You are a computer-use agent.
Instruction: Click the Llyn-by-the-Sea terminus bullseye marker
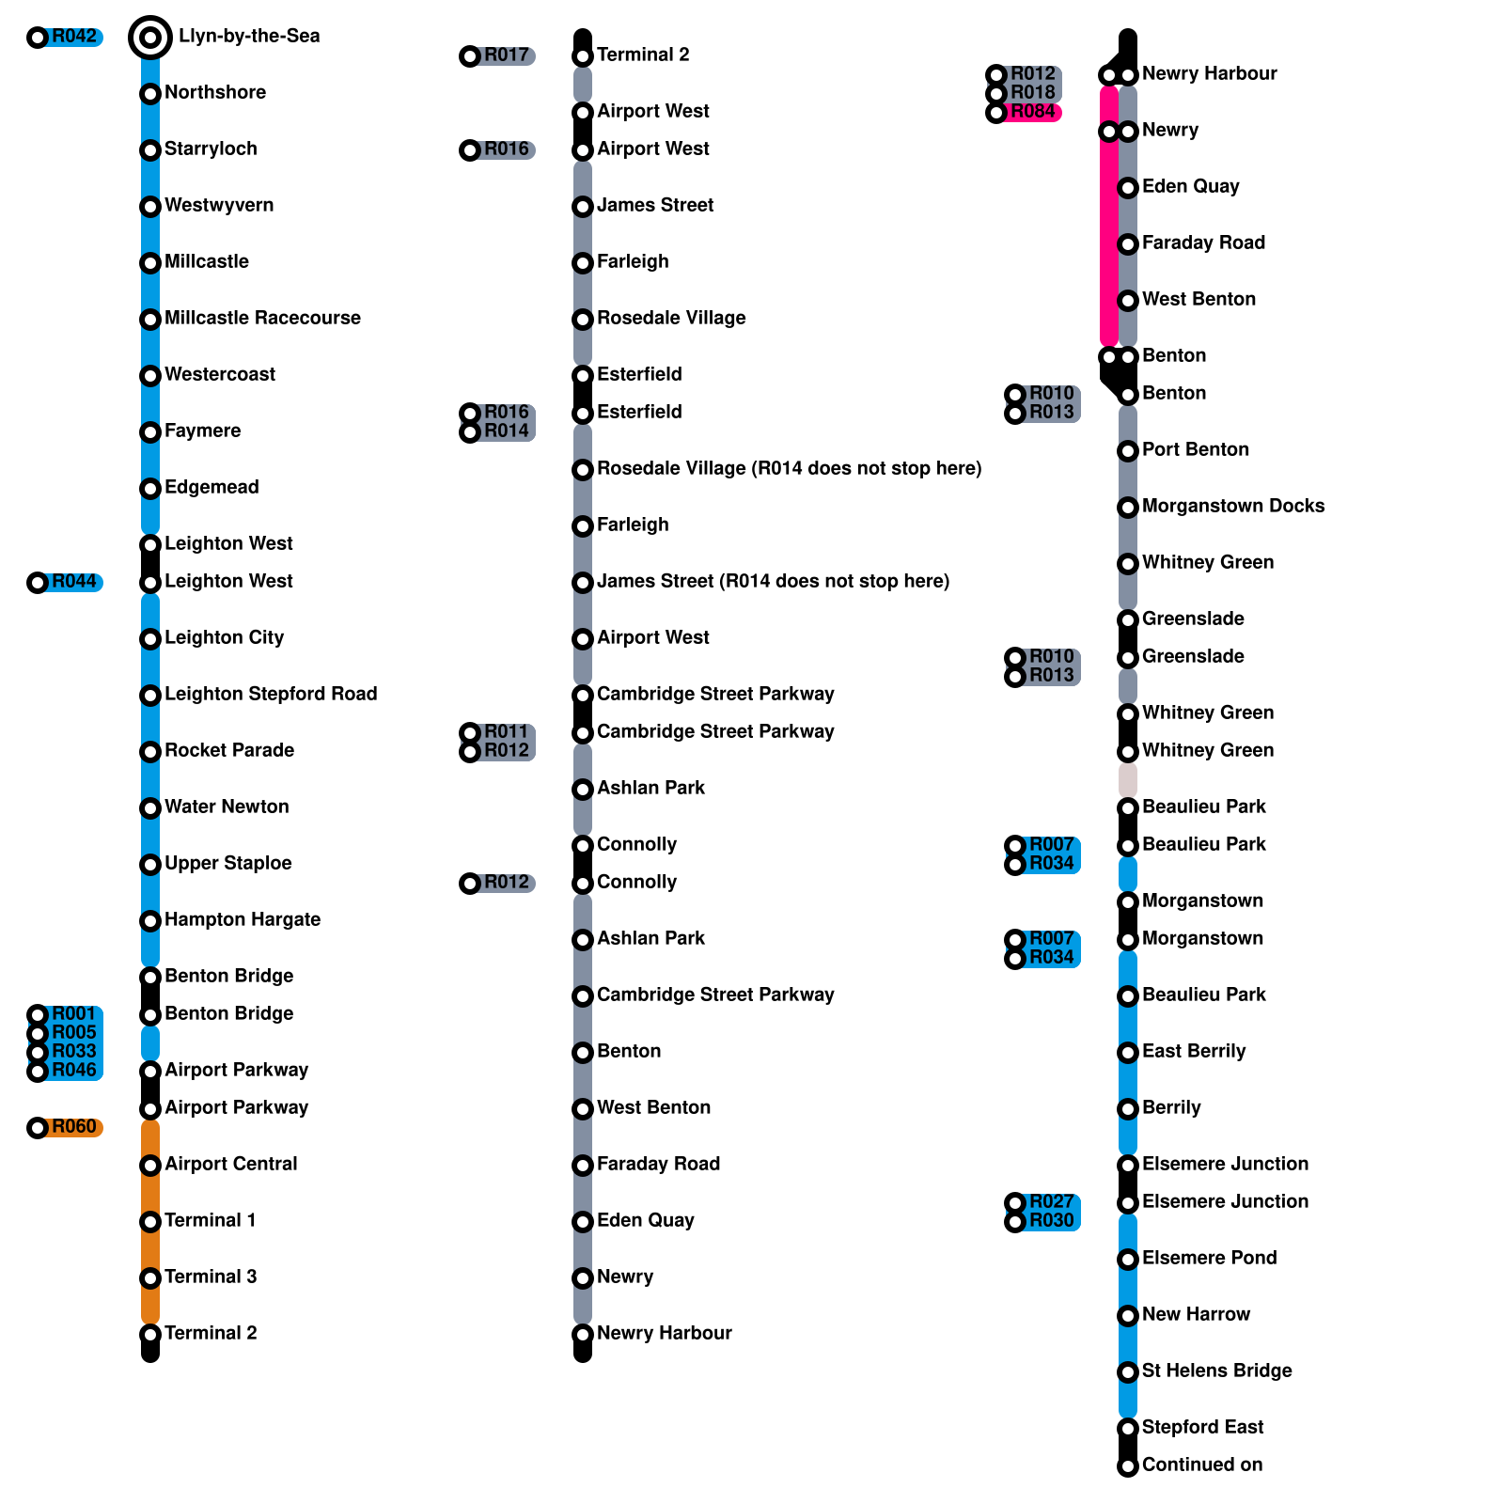point(150,38)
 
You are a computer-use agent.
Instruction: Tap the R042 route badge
point(73,38)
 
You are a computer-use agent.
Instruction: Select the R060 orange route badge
point(73,1127)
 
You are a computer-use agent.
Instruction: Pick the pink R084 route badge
point(1032,112)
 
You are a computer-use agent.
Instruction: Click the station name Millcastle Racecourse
point(262,319)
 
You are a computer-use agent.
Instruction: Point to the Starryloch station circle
point(150,150)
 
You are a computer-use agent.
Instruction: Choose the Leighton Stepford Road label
point(271,695)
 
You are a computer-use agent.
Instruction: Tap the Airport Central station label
point(230,1165)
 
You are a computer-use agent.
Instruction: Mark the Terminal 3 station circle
point(150,1278)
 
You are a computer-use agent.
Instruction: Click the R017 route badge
point(506,56)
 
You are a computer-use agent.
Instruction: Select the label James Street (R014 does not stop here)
point(773,582)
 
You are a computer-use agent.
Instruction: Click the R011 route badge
point(506,732)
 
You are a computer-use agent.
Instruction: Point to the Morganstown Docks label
point(1233,507)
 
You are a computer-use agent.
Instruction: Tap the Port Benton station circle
point(1128,451)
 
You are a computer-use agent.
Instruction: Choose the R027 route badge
point(1051,1202)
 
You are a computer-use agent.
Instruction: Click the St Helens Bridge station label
point(1216,1371)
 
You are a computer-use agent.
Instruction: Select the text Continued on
point(1201,1465)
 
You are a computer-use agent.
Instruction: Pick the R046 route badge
point(73,1071)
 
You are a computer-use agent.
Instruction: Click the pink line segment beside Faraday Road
point(1109,244)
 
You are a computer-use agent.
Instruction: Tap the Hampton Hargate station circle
point(150,921)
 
